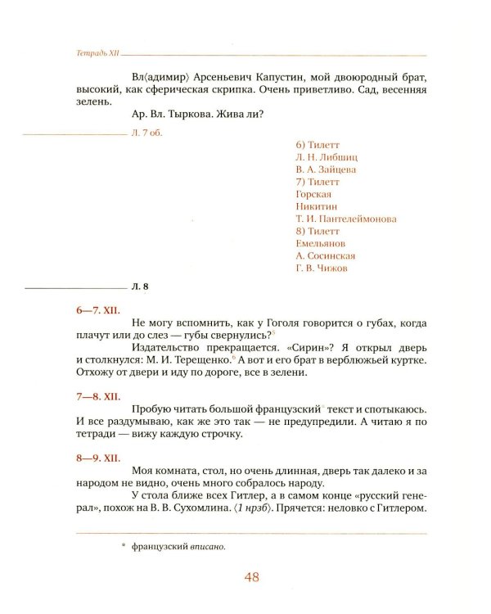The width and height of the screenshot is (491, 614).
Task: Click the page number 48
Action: (x=252, y=577)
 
